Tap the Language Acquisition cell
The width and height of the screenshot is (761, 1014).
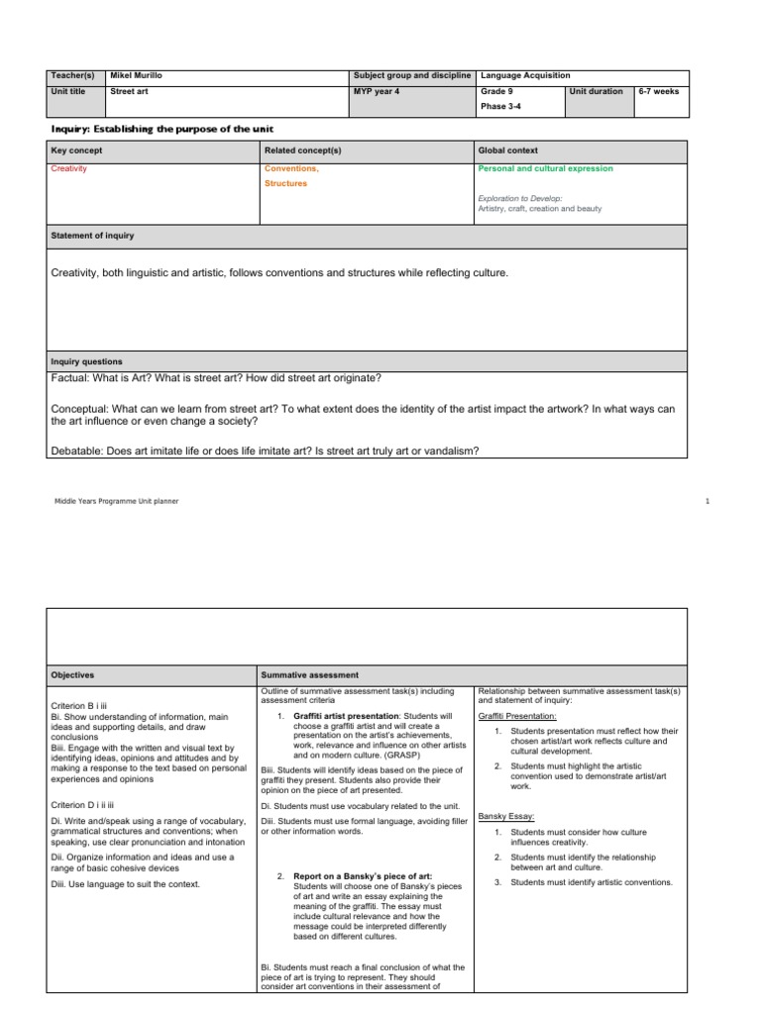[524, 75]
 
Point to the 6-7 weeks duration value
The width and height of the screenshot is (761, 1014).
[659, 91]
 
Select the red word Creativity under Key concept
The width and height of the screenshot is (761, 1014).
[68, 168]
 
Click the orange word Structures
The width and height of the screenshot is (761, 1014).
[285, 183]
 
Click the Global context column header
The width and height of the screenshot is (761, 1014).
[507, 151]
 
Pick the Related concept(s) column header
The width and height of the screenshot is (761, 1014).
[302, 151]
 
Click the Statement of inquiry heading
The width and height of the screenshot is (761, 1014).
[92, 236]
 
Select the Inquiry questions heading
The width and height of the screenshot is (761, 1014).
[86, 361]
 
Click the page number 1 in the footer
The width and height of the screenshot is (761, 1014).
[707, 501]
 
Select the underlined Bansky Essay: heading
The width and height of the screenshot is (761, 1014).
[506, 816]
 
